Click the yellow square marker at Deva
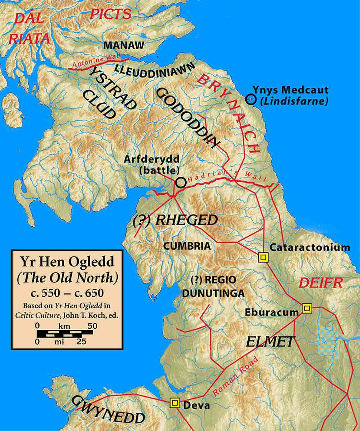[175, 403]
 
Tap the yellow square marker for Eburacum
[307, 308]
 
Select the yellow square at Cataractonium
[263, 257]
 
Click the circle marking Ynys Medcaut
[251, 99]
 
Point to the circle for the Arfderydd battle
[181, 182]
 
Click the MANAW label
[124, 45]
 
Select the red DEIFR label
[321, 283]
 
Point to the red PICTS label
[111, 14]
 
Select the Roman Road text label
[235, 376]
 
